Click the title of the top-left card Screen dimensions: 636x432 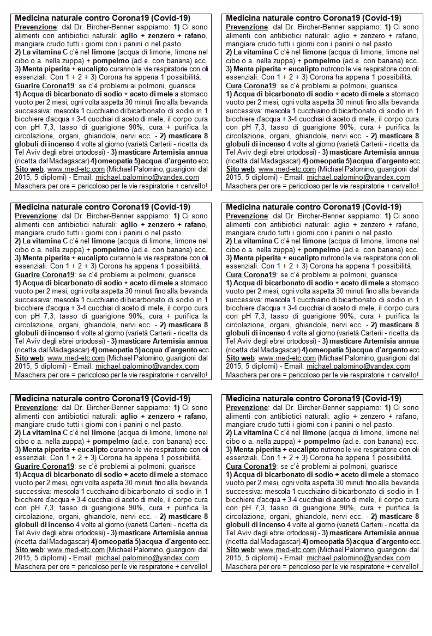click(x=102, y=18)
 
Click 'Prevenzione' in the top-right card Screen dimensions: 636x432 click(x=247, y=27)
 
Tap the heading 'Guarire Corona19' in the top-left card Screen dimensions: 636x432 click(x=44, y=85)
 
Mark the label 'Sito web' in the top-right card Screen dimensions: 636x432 click(x=240, y=169)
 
